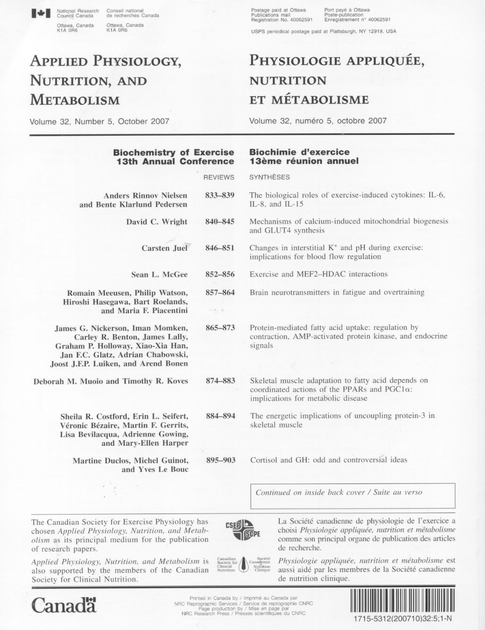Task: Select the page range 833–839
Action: (219, 195)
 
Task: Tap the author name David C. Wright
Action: (157, 222)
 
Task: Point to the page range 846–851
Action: (219, 248)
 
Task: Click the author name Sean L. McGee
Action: (159, 274)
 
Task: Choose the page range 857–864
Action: (220, 292)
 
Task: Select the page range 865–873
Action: (220, 327)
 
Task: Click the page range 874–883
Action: (220, 381)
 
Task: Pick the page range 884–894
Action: (220, 416)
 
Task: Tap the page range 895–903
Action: (220, 460)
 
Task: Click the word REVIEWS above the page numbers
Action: (218, 177)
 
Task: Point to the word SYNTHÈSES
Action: (269, 177)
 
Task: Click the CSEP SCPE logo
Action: (240, 529)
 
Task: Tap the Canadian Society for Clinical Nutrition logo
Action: (243, 564)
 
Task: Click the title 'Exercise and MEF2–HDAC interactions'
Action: (318, 274)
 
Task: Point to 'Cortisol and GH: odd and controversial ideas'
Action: (328, 460)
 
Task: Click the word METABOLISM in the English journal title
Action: (75, 100)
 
